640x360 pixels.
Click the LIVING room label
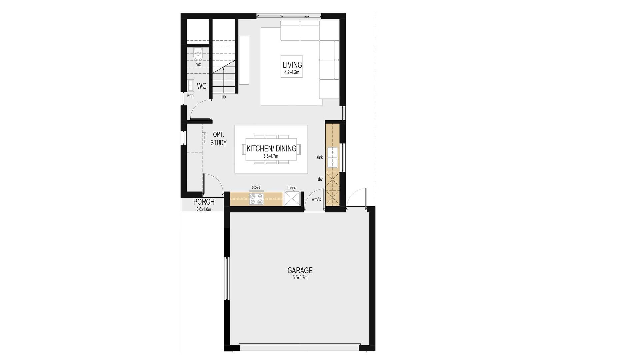[292, 65]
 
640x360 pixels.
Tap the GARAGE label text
[300, 270]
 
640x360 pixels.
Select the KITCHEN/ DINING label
[271, 149]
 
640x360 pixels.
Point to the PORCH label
[204, 202]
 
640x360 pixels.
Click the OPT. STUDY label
[218, 139]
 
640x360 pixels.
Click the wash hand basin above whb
[191, 85]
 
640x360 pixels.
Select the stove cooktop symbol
[256, 199]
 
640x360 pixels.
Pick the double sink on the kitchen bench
[333, 157]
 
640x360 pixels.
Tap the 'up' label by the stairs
[224, 97]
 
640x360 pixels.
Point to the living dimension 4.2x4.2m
[292, 72]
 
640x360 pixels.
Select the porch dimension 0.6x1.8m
[204, 209]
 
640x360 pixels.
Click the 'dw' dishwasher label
[320, 179]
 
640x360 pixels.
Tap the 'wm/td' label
[316, 199]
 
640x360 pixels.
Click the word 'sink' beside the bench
[319, 157]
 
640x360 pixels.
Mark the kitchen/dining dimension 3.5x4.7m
[271, 156]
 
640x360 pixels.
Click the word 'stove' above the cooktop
[256, 187]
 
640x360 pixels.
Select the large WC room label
[202, 86]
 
